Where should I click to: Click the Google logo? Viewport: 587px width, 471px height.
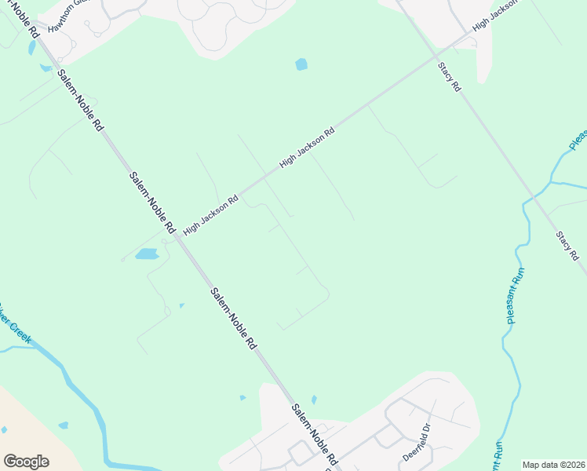(26, 462)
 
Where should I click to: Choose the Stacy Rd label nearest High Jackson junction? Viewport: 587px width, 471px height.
(449, 78)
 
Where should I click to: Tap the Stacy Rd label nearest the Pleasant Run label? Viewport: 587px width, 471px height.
(567, 245)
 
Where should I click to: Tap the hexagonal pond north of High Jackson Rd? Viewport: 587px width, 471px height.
(301, 64)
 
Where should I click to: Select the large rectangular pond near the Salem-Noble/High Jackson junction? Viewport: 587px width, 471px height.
(147, 254)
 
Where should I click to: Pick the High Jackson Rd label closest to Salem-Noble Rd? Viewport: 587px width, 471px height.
(210, 216)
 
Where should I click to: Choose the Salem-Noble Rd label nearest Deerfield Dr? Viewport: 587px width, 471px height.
(313, 433)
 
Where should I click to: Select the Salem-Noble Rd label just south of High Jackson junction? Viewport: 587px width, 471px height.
(233, 318)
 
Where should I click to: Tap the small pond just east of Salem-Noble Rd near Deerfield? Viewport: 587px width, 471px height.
(314, 400)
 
